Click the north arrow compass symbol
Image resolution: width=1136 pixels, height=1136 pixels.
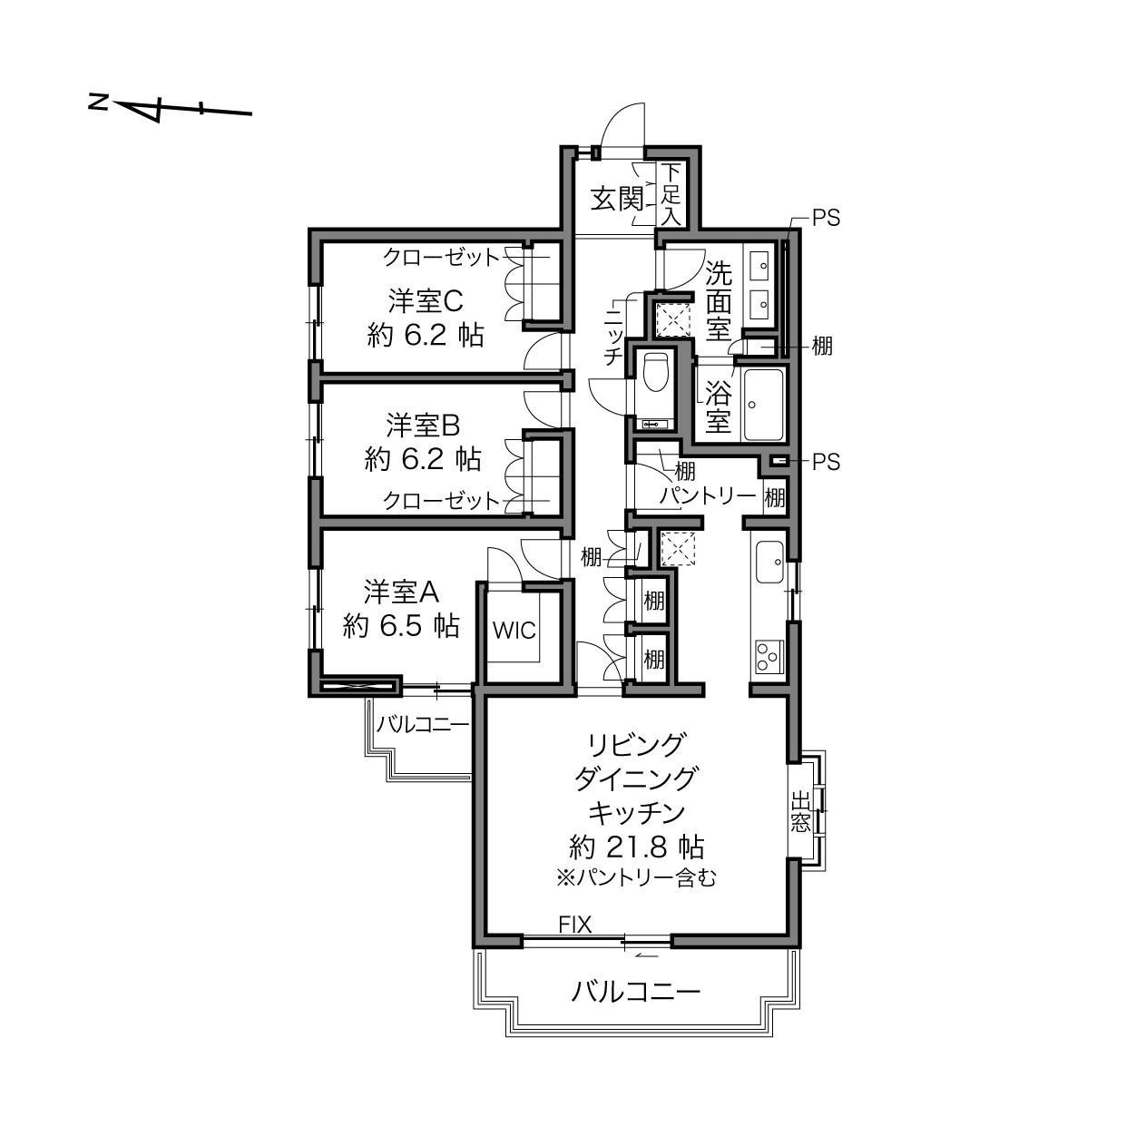coord(170,109)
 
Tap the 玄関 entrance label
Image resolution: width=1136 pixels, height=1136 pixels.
coord(617,198)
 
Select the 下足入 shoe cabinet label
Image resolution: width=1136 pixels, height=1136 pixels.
coord(671,194)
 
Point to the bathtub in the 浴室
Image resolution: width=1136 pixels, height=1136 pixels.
coord(765,405)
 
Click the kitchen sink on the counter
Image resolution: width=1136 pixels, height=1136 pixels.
coord(769,562)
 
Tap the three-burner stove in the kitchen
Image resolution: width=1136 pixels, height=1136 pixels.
coord(769,655)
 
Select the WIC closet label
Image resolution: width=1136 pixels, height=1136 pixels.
coord(514,631)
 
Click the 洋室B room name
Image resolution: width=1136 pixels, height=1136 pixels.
coord(423,425)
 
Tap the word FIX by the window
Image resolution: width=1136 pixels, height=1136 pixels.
coord(575,925)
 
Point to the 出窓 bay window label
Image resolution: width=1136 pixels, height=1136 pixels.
coord(800,811)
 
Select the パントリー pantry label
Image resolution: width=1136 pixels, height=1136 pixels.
coord(708,495)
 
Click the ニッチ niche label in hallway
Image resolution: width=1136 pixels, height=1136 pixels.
coord(614,335)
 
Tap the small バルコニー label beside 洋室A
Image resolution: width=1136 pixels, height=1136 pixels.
coord(423,724)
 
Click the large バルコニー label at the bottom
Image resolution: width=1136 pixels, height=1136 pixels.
coord(636,992)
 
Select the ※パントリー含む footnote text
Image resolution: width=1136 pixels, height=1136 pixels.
coord(636,878)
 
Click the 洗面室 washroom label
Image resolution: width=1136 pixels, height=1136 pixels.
coord(719,301)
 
